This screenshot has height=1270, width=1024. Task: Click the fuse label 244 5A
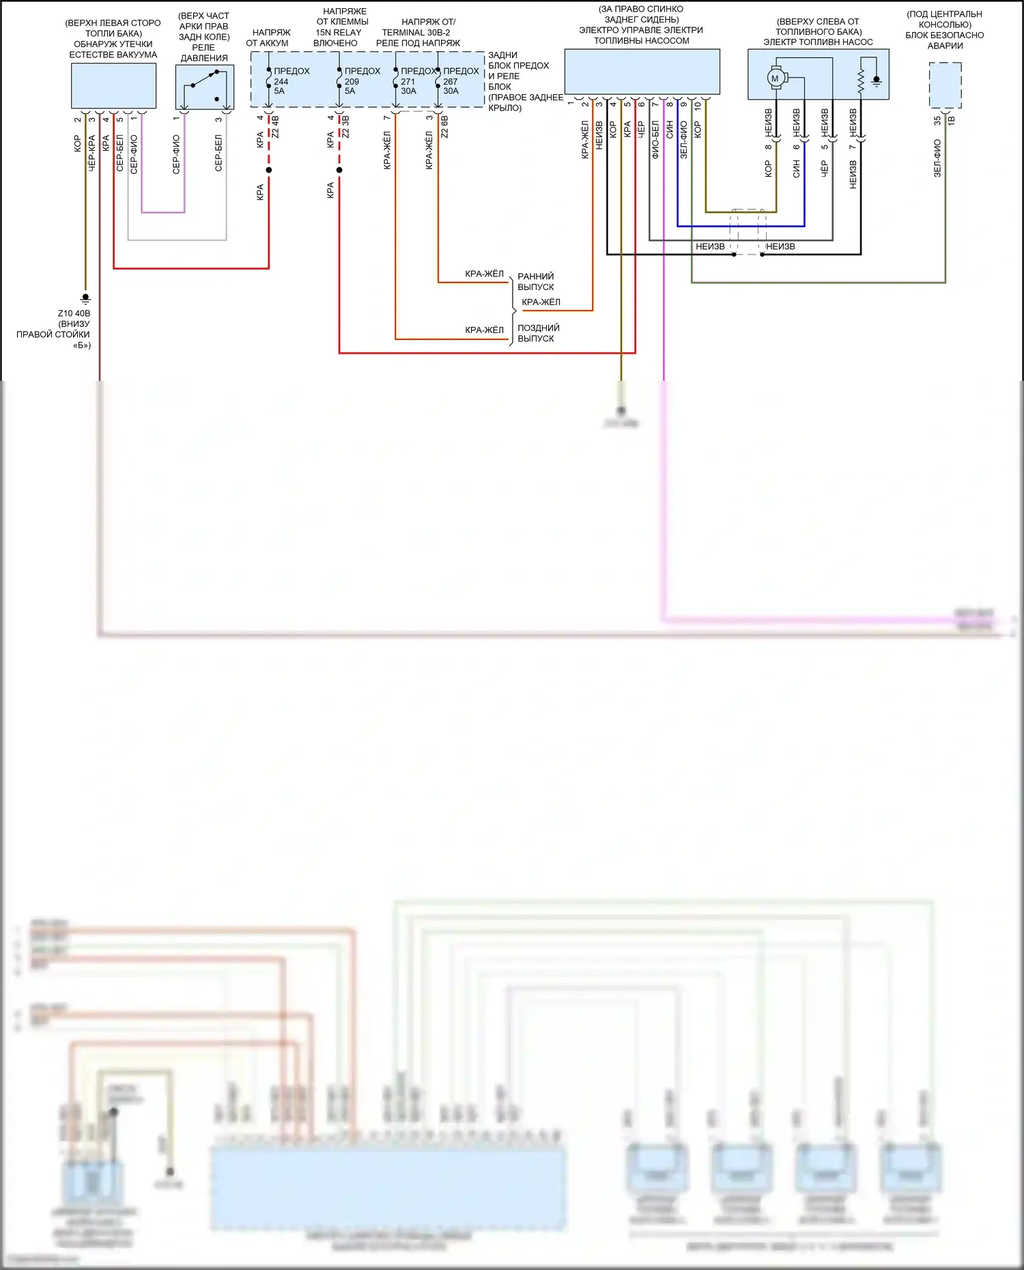coord(281,86)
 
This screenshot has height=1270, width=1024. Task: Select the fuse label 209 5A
coord(351,86)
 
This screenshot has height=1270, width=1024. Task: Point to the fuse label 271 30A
coord(408,86)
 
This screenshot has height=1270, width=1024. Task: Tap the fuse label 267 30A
coord(451,86)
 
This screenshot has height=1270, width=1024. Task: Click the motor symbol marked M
coord(775,78)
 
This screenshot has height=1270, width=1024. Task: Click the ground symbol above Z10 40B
coord(85,298)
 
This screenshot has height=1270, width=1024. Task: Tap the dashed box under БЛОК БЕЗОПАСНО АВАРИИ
coord(945,85)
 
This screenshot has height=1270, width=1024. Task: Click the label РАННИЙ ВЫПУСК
coord(536,281)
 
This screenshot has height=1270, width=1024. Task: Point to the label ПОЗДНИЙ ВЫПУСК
coord(538,333)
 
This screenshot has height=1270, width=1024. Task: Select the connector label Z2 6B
coord(445,127)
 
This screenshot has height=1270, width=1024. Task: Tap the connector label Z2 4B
coord(276,127)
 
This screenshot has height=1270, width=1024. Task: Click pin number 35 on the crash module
coord(937,120)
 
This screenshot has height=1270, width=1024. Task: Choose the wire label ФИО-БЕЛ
coord(655,140)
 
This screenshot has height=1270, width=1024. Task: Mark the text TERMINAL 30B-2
coord(416,32)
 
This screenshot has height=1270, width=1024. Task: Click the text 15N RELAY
coord(339,32)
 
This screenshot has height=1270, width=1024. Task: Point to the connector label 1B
coord(952,120)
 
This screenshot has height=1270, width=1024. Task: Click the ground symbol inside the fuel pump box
coord(877,81)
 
